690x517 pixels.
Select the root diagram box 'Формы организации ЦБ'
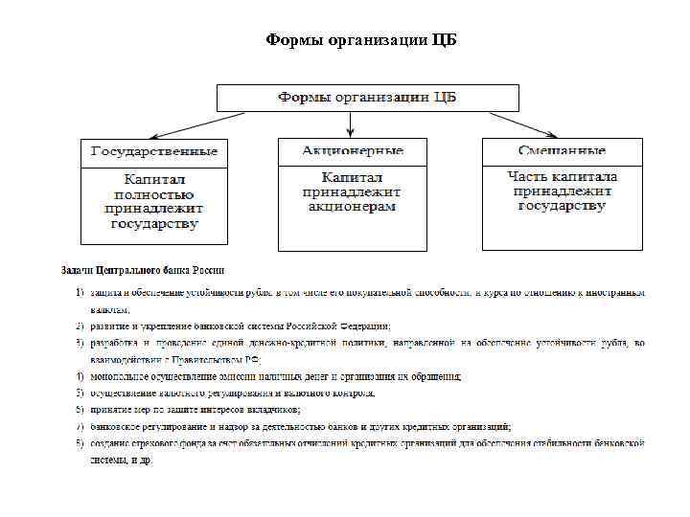[x=367, y=98]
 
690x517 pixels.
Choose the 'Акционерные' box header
[x=353, y=151]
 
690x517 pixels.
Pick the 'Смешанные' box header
[x=562, y=151]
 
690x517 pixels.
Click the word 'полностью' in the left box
[x=154, y=194]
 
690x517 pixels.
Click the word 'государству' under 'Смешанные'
[x=562, y=206]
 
